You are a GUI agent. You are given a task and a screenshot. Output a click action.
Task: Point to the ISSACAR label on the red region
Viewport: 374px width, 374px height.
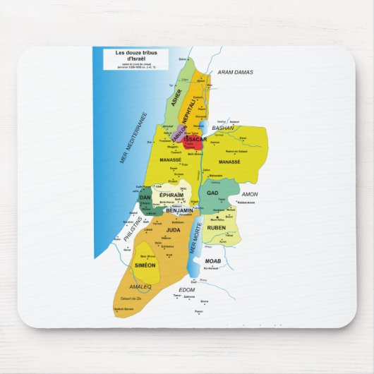pyautogui.click(x=193, y=140)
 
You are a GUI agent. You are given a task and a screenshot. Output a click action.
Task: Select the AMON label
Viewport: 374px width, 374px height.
pyautogui.click(x=250, y=193)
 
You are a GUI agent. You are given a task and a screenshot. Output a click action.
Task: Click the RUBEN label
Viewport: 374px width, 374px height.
pyautogui.click(x=216, y=228)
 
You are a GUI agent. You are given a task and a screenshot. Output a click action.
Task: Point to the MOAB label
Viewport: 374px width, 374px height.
pyautogui.click(x=213, y=261)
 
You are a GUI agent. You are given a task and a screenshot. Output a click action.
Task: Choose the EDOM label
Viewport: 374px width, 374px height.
pyautogui.click(x=186, y=290)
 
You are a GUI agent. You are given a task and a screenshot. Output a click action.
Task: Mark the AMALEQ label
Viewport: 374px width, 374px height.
pyautogui.click(x=140, y=286)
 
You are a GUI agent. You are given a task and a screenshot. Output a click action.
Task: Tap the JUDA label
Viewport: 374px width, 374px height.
pyautogui.click(x=173, y=229)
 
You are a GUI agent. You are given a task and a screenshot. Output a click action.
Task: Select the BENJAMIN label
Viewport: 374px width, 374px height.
pyautogui.click(x=179, y=210)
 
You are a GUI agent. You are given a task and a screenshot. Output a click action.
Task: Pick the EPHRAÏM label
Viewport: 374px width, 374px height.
pyautogui.click(x=171, y=194)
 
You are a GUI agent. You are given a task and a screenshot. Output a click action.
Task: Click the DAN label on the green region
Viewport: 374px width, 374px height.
pyautogui.click(x=145, y=198)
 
